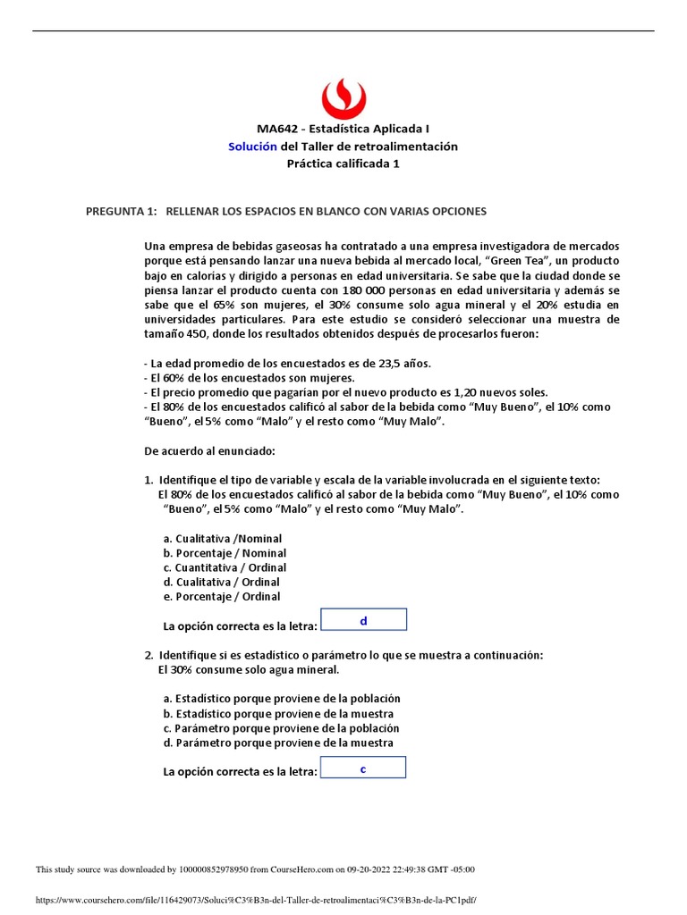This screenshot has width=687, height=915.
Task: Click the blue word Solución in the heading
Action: coord(253,146)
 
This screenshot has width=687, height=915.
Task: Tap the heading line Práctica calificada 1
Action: coord(343,163)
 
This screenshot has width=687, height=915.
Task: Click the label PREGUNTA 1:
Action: coord(121,211)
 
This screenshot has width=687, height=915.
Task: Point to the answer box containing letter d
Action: coord(363,620)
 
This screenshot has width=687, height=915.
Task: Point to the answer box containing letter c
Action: coord(362,768)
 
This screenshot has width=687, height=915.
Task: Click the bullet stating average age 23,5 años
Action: coord(287,363)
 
